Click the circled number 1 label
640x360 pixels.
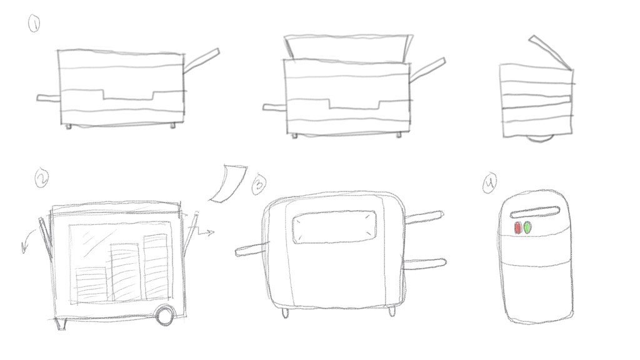click(34, 23)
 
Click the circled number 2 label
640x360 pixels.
click(42, 178)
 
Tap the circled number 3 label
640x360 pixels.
click(259, 184)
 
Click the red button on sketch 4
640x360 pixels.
click(518, 228)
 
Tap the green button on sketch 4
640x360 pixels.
click(527, 227)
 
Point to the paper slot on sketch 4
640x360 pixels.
click(535, 212)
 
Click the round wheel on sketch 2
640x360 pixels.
click(165, 316)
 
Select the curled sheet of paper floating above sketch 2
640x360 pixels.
click(227, 184)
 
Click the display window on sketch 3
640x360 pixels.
click(334, 227)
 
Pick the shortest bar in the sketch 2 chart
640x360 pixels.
click(91, 284)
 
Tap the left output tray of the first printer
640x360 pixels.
click(48, 98)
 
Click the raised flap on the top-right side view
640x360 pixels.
click(551, 52)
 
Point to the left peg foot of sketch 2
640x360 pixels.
click(62, 324)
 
